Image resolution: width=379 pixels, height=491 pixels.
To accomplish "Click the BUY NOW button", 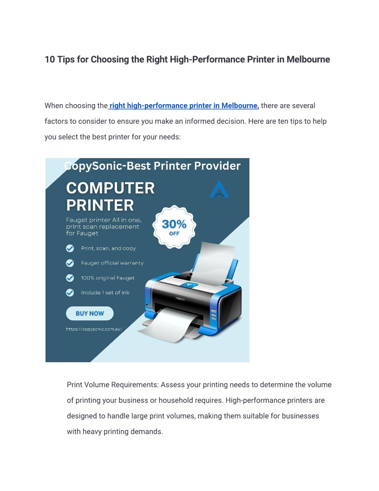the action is point(90,313).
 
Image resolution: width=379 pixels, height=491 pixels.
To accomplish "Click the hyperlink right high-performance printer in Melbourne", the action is point(183,106).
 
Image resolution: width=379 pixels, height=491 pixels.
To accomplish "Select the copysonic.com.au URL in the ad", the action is point(94,329).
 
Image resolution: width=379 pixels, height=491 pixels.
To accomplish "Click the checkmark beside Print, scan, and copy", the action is point(70,248).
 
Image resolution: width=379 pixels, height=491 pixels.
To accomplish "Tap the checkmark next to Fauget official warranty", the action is point(70,263).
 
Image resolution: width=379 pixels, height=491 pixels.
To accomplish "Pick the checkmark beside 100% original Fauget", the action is point(70,278).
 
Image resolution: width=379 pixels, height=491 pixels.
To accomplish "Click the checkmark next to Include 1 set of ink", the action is point(70,292).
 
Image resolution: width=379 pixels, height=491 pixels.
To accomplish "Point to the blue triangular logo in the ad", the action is point(219,190).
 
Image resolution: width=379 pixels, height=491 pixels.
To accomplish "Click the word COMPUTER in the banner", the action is point(111,188).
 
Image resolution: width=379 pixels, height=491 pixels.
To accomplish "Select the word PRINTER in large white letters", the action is point(100,206).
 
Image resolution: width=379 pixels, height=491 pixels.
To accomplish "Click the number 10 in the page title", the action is point(50,60).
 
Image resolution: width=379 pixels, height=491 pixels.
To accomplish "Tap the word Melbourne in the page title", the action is point(308,60).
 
